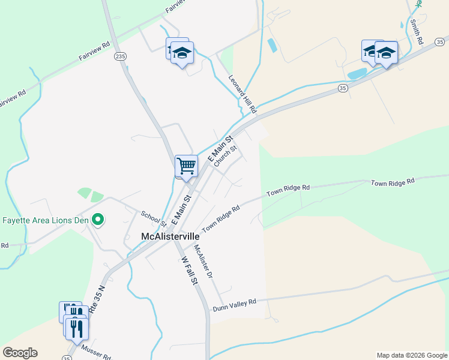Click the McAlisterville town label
point(170,236)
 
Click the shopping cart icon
point(186,166)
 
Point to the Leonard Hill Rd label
point(243,94)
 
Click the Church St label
point(226,155)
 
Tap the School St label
point(153,219)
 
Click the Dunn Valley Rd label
point(234,304)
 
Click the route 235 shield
point(121,56)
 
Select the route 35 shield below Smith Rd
point(342,88)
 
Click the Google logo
point(20,353)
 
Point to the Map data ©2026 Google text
point(412,355)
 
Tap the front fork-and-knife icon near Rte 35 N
point(77,329)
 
